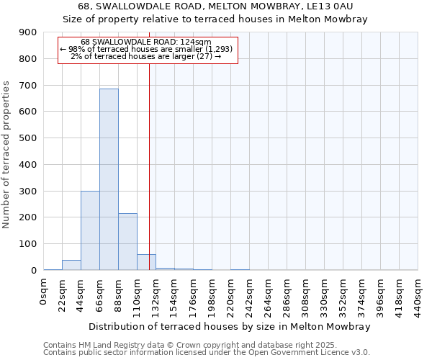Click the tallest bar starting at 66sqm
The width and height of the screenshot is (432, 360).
coord(109,179)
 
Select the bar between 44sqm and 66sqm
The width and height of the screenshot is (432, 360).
coord(90,230)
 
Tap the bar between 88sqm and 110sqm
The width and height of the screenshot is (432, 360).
coord(127,242)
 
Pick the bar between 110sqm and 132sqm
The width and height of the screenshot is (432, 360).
coord(146,262)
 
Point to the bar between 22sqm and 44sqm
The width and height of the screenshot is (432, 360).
coord(71,265)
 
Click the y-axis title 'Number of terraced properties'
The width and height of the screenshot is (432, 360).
coord(6,155)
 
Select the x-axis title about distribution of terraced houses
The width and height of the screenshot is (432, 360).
coord(230,326)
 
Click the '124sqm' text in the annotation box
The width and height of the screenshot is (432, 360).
coord(197,42)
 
